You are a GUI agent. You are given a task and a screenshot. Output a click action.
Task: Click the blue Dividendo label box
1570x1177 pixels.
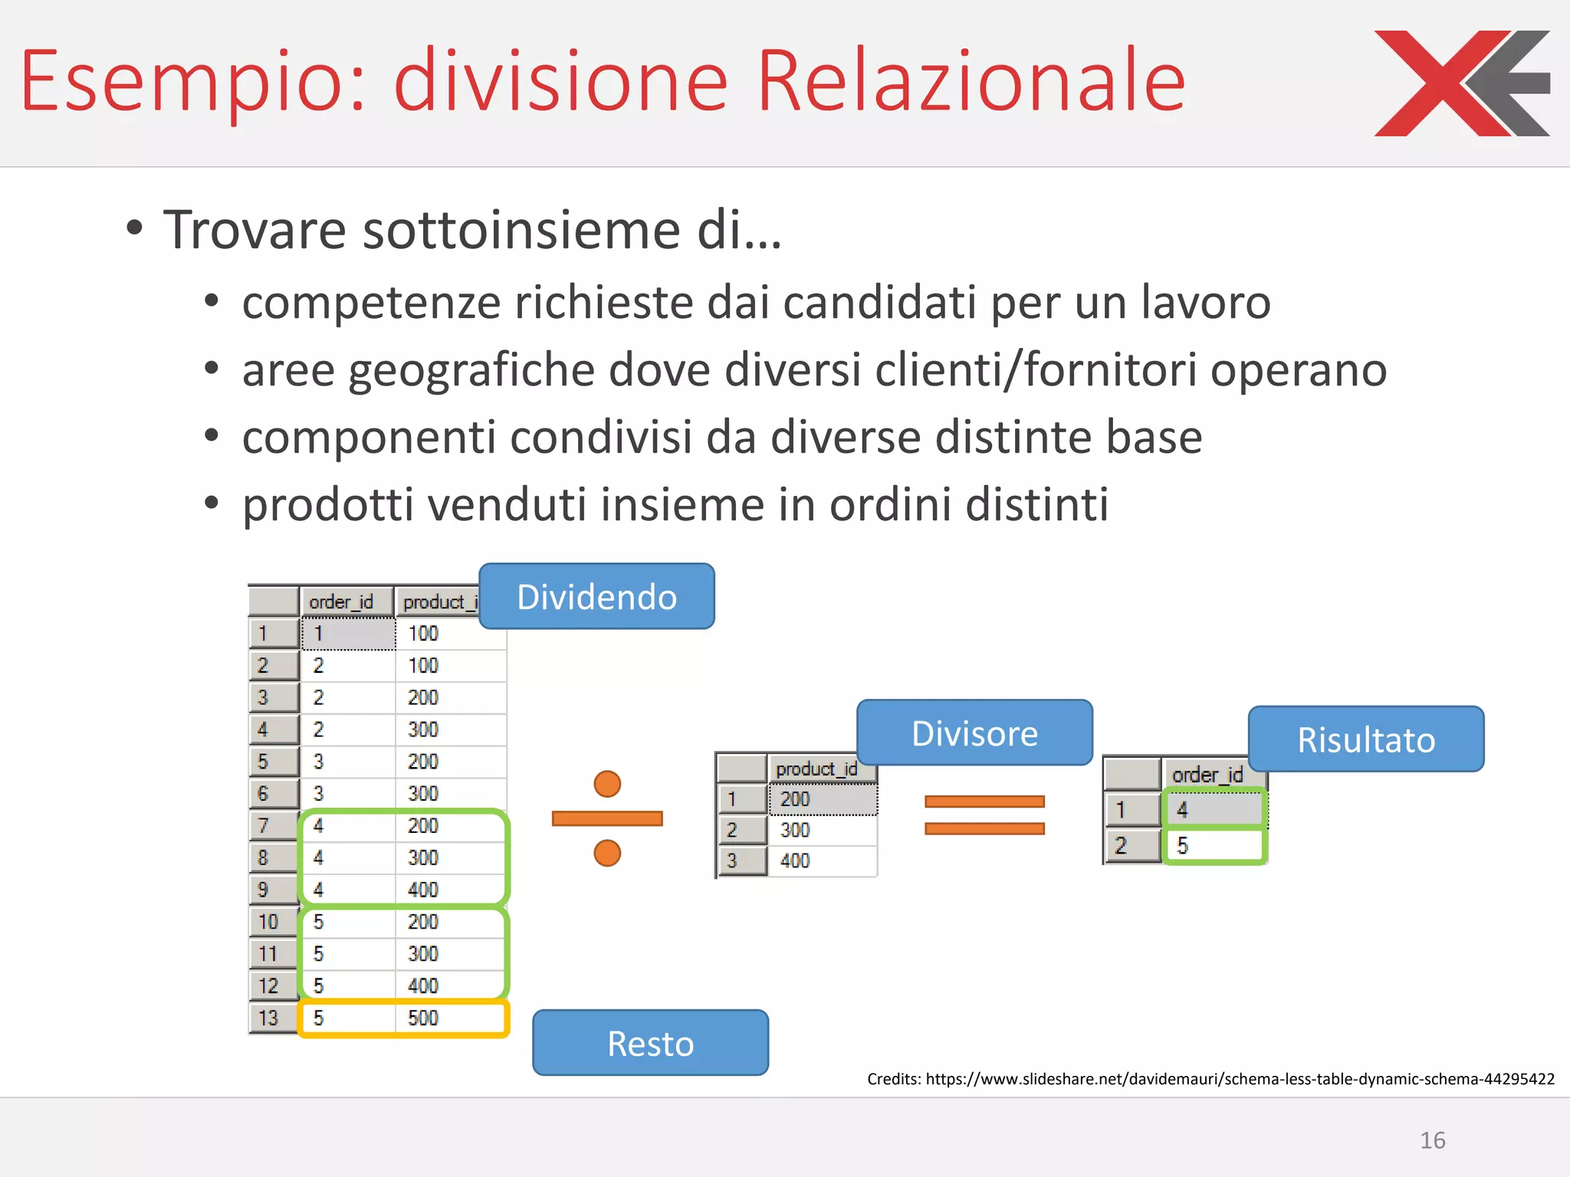tap(596, 597)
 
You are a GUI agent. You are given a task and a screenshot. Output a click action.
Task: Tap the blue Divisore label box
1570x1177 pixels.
tap(974, 733)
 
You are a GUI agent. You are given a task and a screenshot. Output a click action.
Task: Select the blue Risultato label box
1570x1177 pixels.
tap(1365, 739)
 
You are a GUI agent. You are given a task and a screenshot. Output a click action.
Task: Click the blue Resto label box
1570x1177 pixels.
tap(650, 1043)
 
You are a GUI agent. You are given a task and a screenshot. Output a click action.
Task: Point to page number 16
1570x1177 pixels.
tap(1432, 1140)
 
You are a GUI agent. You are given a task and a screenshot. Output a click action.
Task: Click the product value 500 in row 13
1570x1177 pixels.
tap(423, 1018)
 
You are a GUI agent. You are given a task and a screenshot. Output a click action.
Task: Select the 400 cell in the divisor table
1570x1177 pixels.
tap(795, 861)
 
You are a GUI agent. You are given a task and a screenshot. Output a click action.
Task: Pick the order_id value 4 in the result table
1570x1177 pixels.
tap(1182, 809)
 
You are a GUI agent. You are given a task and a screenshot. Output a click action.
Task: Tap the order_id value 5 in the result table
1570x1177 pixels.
tap(1182, 845)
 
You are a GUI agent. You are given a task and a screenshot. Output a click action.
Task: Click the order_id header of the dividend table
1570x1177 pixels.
tap(341, 602)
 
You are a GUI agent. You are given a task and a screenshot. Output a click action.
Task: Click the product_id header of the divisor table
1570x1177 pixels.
tap(816, 769)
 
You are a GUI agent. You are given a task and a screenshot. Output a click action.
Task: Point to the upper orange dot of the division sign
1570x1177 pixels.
tap(607, 784)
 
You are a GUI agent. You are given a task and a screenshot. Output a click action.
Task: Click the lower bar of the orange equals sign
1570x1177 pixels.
tap(984, 828)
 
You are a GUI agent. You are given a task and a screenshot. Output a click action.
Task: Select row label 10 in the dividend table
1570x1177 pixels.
tap(268, 922)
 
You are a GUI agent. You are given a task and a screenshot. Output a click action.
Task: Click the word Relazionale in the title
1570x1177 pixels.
tap(971, 81)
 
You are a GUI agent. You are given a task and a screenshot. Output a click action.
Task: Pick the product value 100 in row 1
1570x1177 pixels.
tap(423, 634)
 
